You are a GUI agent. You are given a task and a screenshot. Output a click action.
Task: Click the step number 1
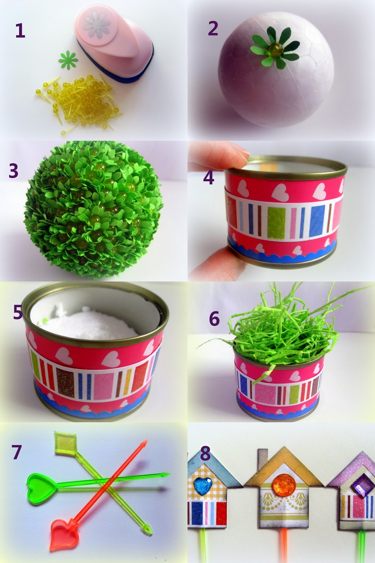(20, 30)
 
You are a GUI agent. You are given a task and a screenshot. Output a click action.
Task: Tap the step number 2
(213, 28)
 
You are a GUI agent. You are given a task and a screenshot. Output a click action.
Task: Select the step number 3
(14, 171)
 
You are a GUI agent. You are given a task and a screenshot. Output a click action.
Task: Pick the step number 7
(17, 452)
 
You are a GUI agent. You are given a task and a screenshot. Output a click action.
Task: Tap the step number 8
(205, 454)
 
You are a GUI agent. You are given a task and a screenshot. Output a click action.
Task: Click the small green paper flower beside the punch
(68, 60)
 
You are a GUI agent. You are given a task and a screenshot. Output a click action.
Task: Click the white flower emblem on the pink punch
(97, 25)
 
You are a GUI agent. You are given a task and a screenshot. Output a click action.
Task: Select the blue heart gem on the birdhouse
(203, 486)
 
